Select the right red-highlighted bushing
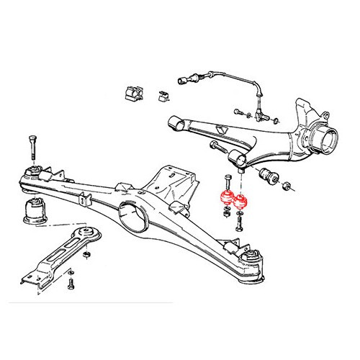pos(240,202)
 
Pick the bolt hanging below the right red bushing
pos(240,222)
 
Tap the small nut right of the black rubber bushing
pos(289,188)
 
